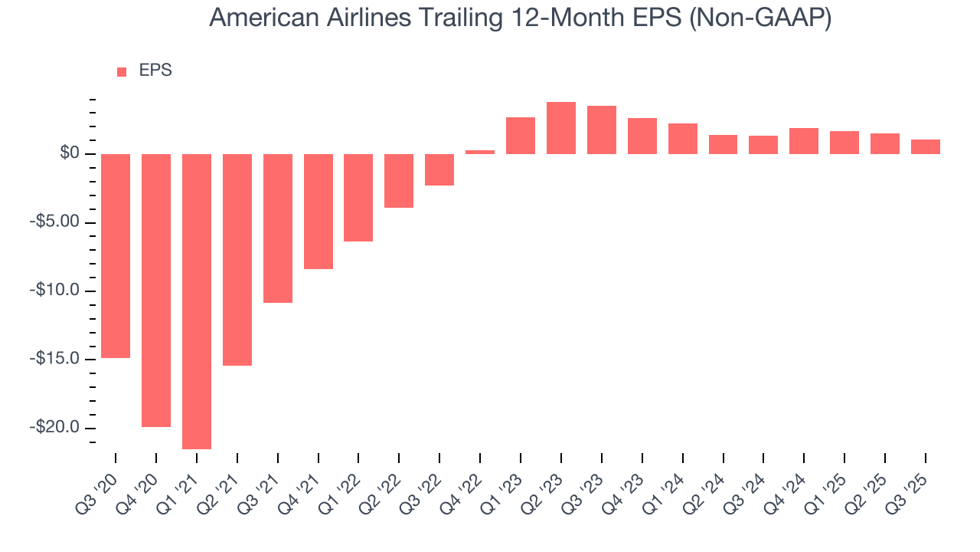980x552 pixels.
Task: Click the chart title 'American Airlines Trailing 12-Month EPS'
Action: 520,18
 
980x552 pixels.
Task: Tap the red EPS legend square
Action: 122,72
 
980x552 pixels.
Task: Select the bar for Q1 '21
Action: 197,301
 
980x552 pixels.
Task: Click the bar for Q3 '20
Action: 116,256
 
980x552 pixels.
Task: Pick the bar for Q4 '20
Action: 156,291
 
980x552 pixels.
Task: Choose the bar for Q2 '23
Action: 561,128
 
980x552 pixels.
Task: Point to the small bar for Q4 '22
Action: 480,152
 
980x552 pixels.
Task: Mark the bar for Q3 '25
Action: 925,146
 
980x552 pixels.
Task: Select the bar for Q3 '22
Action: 439,169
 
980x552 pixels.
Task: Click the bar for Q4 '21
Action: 318,212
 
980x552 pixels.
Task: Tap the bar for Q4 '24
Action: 804,141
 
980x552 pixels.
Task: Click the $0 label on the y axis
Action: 70,154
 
